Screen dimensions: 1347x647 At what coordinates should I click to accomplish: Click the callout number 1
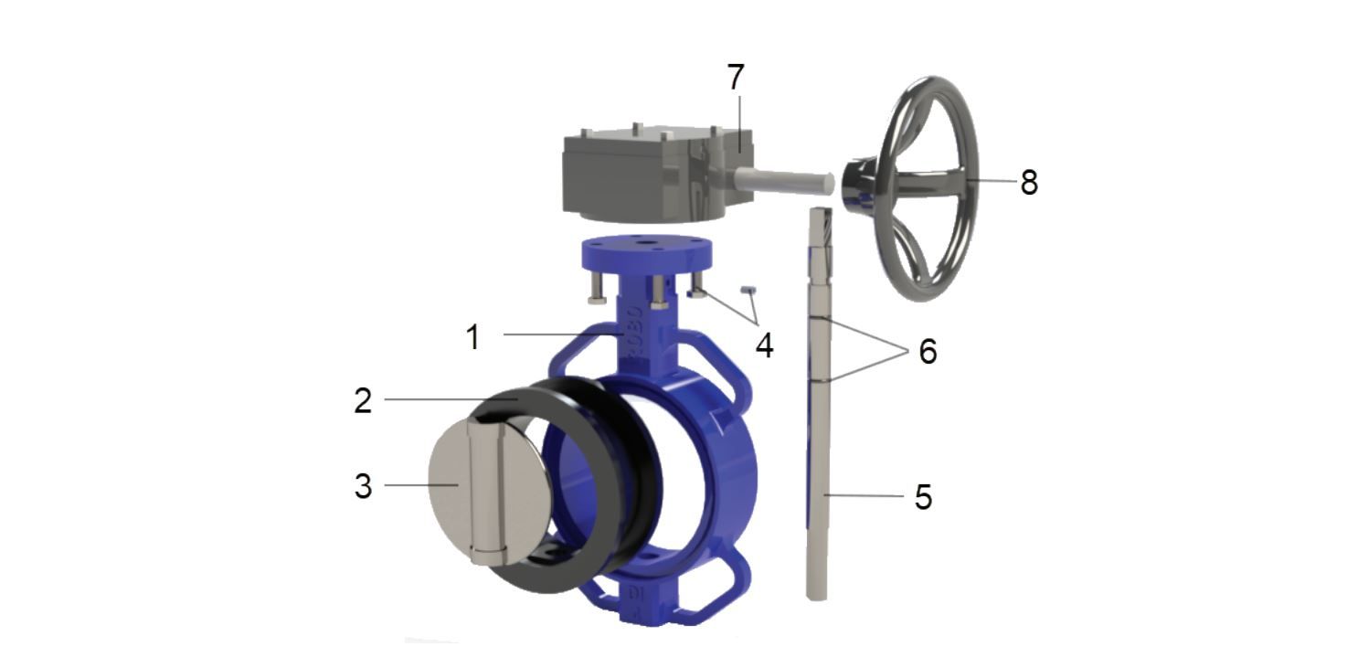(474, 336)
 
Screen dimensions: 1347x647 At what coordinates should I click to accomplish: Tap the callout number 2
(363, 400)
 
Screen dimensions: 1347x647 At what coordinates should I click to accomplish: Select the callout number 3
(363, 486)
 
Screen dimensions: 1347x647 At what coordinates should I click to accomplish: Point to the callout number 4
(764, 345)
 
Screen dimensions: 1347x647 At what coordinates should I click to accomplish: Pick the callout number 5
(923, 497)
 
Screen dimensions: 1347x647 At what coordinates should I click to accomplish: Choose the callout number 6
(928, 351)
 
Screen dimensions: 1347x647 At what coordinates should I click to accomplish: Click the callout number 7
(736, 77)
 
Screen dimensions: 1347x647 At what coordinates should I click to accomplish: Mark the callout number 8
(1029, 182)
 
